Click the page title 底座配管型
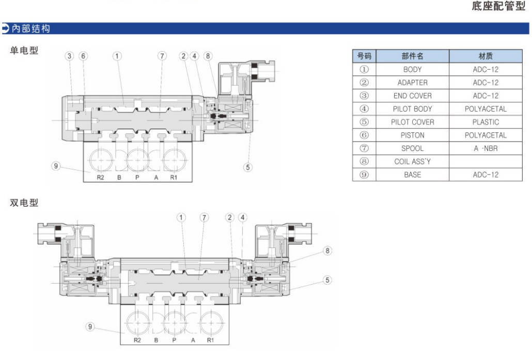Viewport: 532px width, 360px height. coord(498,7)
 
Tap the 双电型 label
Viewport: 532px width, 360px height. coord(24,203)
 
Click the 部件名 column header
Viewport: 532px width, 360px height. coord(412,56)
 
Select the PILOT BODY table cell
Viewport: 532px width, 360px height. coord(412,109)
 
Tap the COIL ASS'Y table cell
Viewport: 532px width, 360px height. coord(412,162)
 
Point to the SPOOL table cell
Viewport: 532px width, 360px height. coord(412,149)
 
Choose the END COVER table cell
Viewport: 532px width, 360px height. coord(412,96)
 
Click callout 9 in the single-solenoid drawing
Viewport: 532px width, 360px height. coord(56,166)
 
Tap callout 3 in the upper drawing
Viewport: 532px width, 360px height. coord(70,56)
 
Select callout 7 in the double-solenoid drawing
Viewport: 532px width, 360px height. coord(204,217)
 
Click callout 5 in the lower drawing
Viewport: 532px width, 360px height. coord(327,280)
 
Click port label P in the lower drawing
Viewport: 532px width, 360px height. coord(174,340)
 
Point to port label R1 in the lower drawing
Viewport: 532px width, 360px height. coord(210,340)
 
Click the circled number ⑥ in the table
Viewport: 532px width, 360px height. coord(364,135)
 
